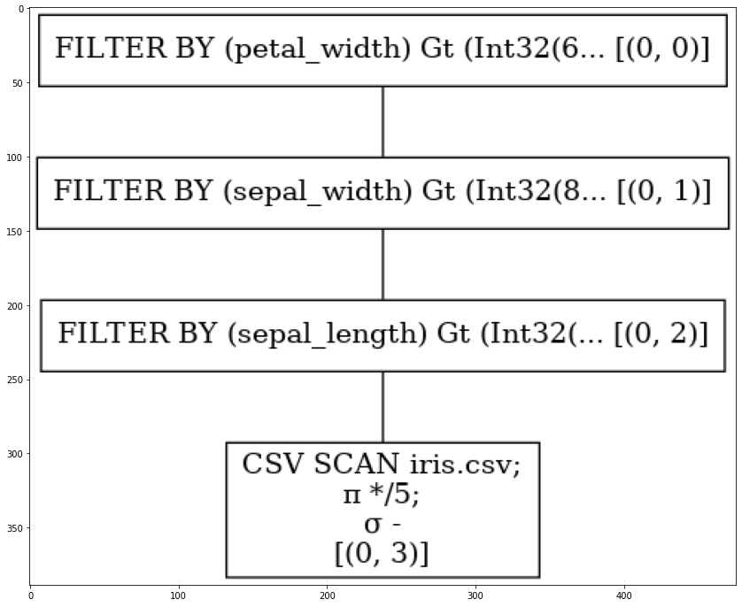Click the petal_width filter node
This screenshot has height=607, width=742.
point(383,50)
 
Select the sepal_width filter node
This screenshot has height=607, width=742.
point(383,193)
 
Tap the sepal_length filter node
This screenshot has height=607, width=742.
point(383,335)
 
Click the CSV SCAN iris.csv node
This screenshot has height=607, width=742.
point(383,510)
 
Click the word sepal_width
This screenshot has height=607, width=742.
point(317,191)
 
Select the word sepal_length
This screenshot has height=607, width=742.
point(328,334)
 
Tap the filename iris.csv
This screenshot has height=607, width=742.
point(465,465)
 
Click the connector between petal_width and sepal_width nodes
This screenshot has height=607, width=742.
point(383,122)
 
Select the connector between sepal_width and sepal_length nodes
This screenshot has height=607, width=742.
point(383,265)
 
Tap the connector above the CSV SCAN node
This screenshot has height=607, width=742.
point(383,407)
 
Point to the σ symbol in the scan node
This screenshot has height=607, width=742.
point(373,526)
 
